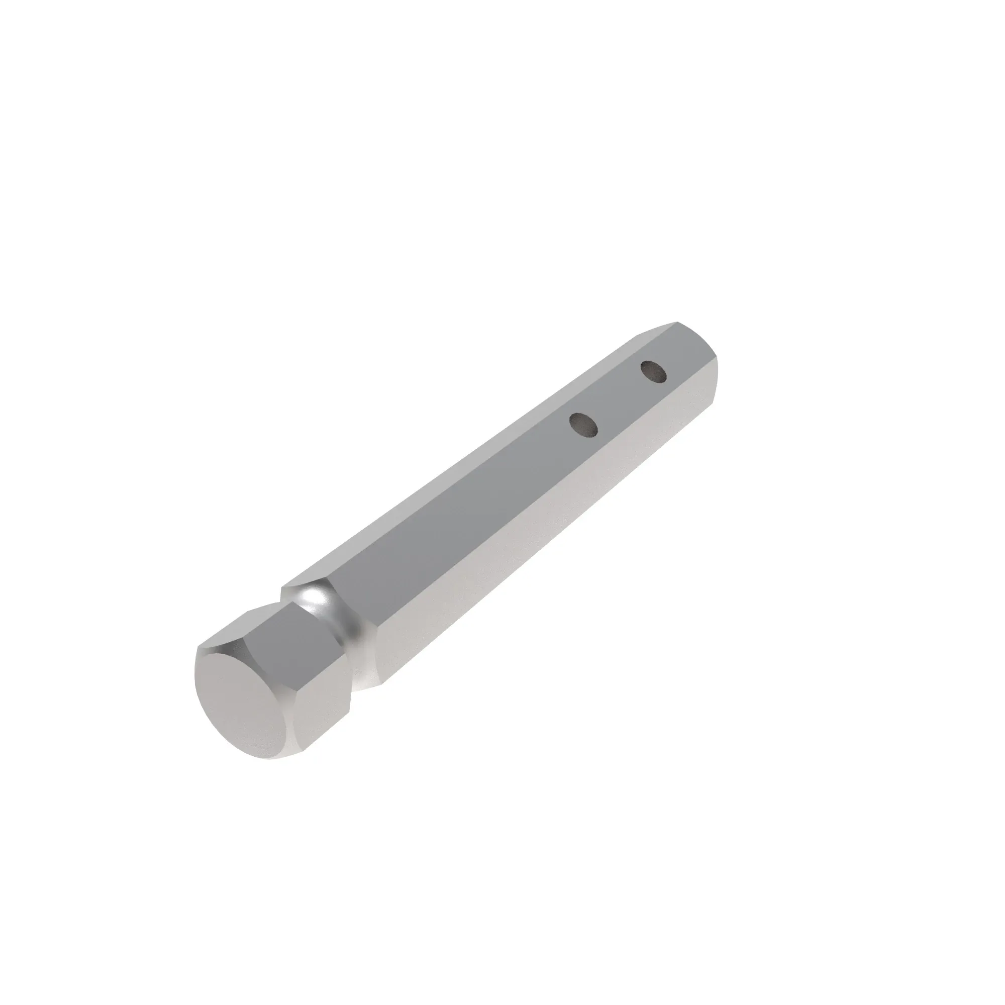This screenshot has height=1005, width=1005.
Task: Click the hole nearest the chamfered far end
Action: point(653,372)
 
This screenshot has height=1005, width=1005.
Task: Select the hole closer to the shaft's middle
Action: point(583,424)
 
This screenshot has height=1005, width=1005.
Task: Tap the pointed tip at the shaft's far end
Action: point(678,323)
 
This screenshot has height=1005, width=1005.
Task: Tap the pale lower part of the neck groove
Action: point(364,671)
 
